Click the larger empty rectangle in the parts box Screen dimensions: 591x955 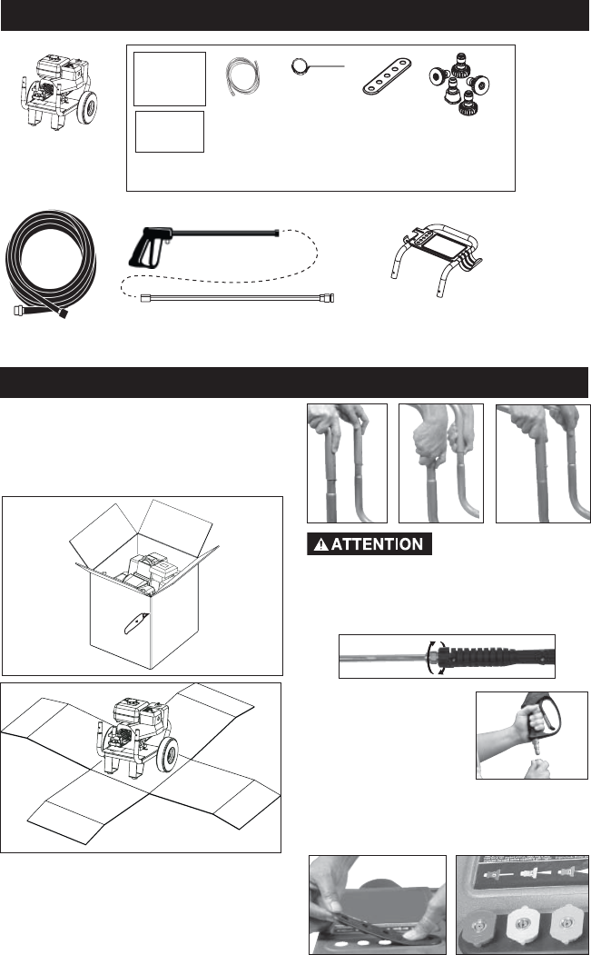point(169,79)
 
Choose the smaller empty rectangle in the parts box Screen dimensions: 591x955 point(170,133)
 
